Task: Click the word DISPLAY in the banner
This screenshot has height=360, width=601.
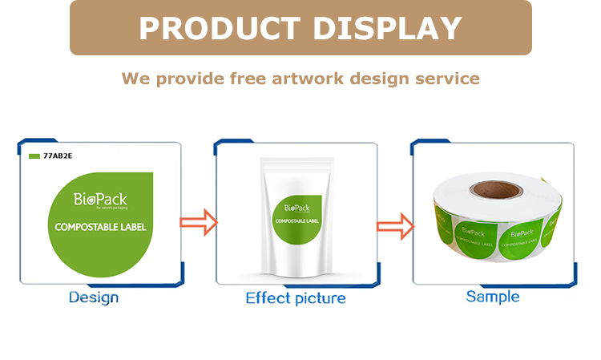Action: click(387, 28)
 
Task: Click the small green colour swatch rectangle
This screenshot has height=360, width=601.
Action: click(34, 156)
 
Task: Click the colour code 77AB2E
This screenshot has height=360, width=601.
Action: click(58, 156)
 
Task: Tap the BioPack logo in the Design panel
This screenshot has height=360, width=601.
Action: click(99, 200)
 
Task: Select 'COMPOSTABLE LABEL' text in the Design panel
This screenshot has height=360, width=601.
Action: click(100, 227)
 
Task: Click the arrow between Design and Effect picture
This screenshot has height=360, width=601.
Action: click(198, 222)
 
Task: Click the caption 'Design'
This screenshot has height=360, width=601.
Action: click(94, 297)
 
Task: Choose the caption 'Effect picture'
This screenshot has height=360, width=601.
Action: click(296, 298)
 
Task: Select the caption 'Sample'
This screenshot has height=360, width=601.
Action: click(493, 297)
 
